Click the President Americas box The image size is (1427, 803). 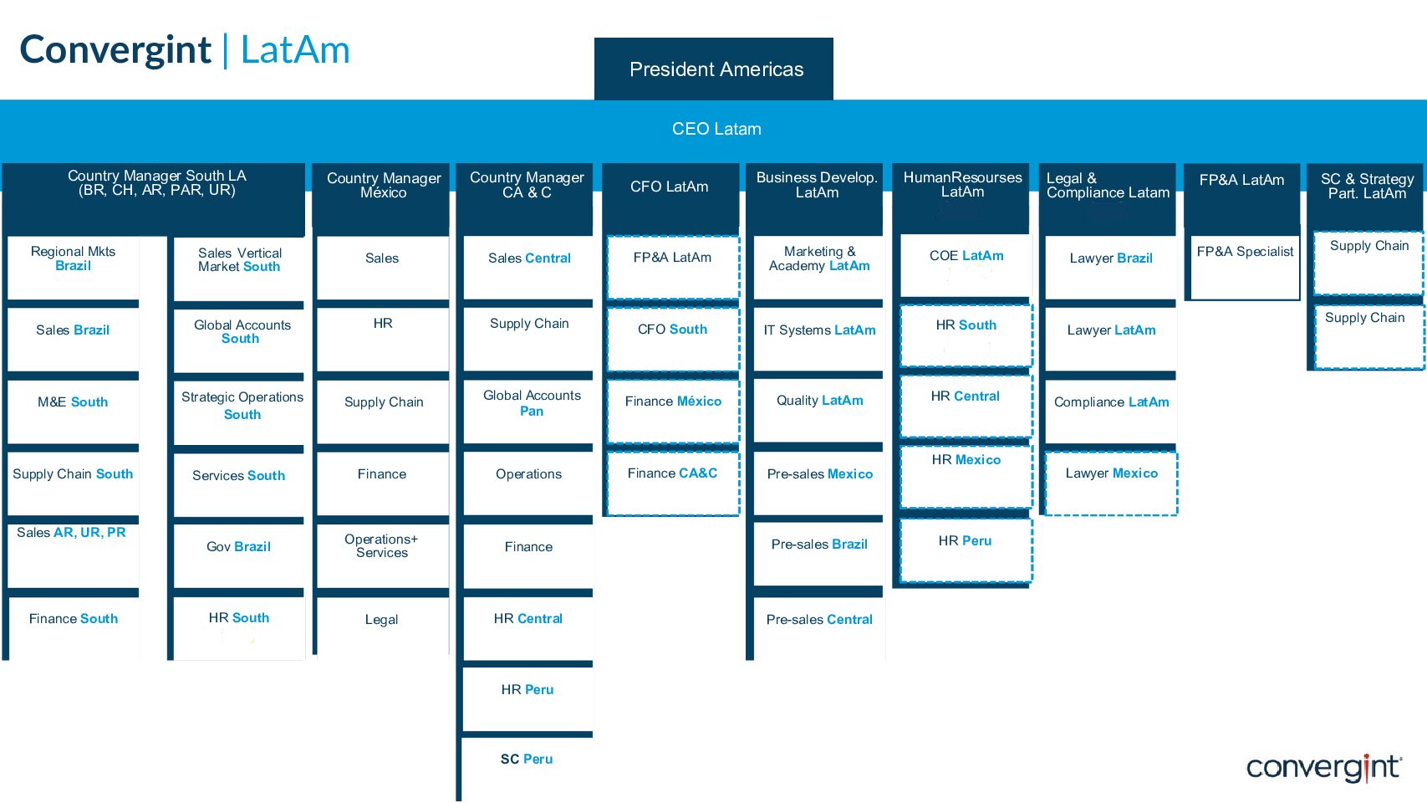click(714, 69)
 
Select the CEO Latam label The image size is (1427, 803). click(716, 129)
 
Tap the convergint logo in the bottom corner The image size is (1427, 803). click(1324, 768)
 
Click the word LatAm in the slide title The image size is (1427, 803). click(295, 49)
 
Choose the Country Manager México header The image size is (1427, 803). click(384, 185)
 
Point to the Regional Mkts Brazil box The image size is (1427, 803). click(74, 268)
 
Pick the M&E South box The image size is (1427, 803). click(74, 412)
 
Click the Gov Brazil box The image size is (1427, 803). click(239, 555)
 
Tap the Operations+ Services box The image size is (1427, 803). click(382, 555)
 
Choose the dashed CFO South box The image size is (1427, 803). click(673, 339)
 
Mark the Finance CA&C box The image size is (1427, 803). click(673, 483)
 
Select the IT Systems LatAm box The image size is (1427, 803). click(818, 339)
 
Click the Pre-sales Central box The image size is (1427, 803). click(818, 628)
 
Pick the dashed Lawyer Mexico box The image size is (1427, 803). click(1112, 483)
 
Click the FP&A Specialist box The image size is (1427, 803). click(1245, 268)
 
